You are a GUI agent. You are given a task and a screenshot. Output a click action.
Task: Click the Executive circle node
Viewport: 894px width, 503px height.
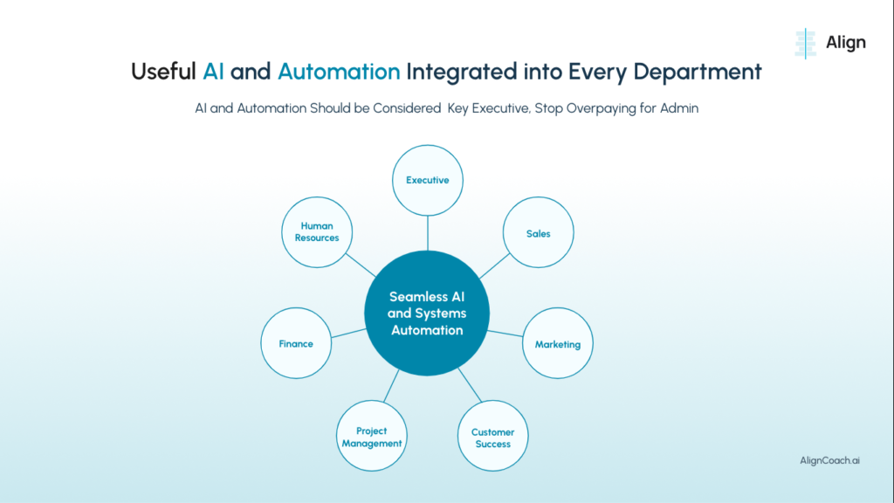[427, 181]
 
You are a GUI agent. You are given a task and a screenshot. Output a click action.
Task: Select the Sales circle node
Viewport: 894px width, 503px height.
[538, 233]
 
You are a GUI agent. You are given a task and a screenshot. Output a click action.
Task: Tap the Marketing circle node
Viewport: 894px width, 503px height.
[557, 344]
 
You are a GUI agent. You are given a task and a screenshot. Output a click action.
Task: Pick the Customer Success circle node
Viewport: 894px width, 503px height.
[492, 438]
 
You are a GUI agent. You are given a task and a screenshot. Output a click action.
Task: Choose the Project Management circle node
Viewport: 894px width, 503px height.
[372, 437]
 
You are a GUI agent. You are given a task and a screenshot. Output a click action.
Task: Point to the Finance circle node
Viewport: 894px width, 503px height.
[296, 343]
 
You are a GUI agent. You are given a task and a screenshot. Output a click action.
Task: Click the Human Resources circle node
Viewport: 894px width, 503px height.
[316, 232]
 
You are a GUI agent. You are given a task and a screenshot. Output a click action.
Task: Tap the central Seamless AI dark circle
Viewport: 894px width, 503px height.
[427, 314]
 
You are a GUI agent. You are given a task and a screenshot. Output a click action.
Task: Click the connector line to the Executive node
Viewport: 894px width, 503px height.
[427, 232]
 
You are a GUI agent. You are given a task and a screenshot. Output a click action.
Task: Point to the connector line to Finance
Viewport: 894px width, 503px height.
[347, 333]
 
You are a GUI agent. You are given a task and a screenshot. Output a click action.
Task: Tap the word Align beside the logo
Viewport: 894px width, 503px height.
[846, 42]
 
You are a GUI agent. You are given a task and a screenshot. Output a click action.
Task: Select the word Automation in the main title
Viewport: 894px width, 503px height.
[339, 72]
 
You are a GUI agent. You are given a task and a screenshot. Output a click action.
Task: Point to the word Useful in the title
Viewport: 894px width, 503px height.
[163, 72]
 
